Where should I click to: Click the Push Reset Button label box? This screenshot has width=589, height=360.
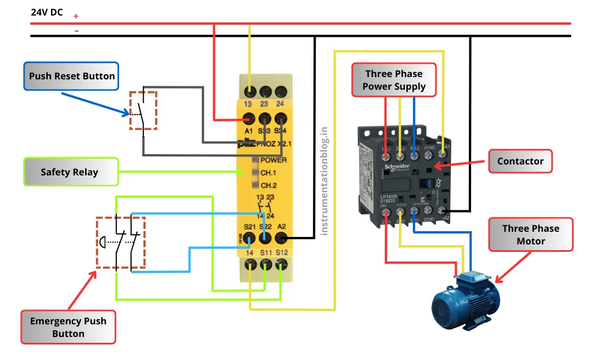coord(71,76)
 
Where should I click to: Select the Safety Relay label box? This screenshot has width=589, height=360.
coord(70,172)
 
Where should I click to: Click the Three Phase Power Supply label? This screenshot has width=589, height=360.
coord(394,80)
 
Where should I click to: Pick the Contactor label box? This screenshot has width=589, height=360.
coord(520,161)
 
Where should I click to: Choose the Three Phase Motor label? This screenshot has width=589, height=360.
coord(530,235)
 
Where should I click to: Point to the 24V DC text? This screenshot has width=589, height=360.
coord(47,12)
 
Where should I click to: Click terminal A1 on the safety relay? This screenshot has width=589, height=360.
coord(248,119)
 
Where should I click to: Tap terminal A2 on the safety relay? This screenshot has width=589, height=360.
coord(281,236)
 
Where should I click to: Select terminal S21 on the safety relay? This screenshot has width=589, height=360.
coord(248,236)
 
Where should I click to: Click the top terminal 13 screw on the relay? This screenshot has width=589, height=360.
coord(250,91)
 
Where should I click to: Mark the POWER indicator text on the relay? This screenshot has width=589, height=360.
coord(273,160)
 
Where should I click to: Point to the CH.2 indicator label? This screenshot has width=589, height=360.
coord(269,185)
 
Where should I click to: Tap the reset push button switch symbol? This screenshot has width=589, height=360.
coord(143,110)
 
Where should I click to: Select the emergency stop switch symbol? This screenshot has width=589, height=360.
coord(121,243)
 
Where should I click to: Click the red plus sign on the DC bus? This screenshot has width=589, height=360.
coord(76,17)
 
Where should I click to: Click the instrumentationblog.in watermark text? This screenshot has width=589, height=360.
coord(324,181)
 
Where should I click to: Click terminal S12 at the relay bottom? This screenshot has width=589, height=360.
coord(281,265)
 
